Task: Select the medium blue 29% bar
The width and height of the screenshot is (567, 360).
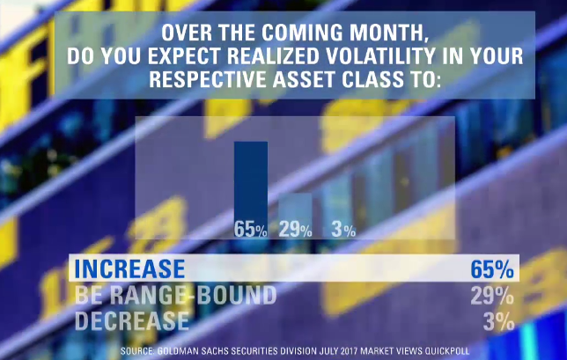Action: (x=295, y=216)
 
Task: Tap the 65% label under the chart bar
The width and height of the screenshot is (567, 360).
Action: (x=251, y=229)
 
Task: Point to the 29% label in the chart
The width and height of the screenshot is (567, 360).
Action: (x=295, y=229)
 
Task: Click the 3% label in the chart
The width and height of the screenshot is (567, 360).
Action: (x=343, y=229)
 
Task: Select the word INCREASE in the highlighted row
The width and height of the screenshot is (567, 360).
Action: (x=129, y=268)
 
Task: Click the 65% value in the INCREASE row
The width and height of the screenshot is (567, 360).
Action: (x=492, y=268)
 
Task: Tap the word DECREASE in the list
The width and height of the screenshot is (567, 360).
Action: (x=132, y=320)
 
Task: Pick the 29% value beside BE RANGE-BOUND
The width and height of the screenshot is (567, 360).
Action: (x=492, y=295)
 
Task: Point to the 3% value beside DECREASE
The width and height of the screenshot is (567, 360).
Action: (x=498, y=320)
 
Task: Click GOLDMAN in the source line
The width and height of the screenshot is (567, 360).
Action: (x=176, y=351)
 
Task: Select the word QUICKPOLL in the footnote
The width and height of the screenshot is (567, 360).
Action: (x=447, y=351)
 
